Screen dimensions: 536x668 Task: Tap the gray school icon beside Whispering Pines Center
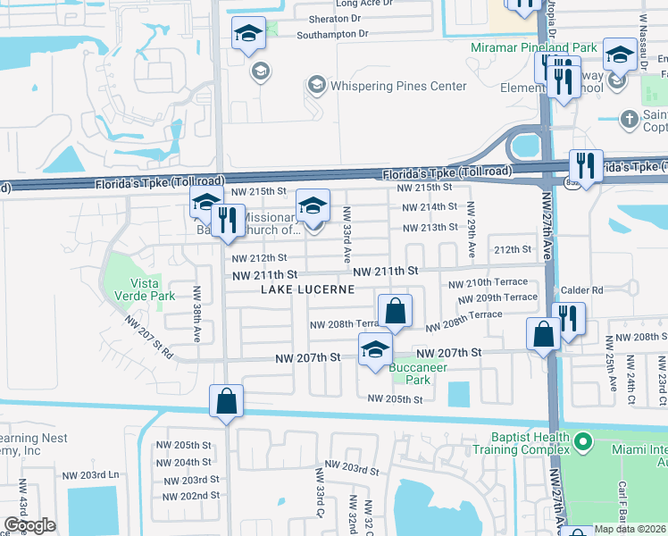pyautogui.click(x=315, y=86)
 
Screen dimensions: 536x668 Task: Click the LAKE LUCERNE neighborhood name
pyautogui.click(x=307, y=290)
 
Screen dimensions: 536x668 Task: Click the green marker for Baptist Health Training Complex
pyautogui.click(x=583, y=441)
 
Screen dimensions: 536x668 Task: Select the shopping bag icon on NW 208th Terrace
pyautogui.click(x=395, y=313)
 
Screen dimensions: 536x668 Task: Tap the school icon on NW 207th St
pyautogui.click(x=376, y=350)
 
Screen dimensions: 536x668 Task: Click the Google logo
pyautogui.click(x=29, y=525)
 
